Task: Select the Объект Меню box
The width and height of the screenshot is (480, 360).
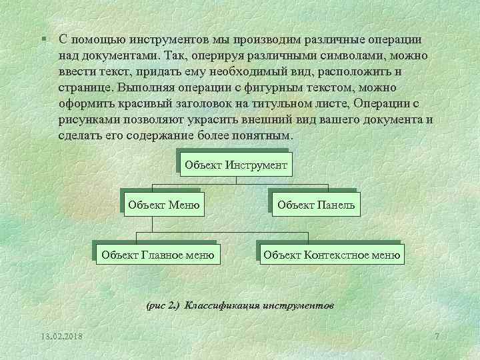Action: pos(164,205)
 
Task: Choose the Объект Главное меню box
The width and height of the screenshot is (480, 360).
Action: pos(157,254)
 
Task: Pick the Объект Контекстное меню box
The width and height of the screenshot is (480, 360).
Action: pos(332,254)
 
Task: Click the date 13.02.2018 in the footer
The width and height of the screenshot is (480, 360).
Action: pos(61,335)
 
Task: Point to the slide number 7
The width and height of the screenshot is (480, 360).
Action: pos(437,335)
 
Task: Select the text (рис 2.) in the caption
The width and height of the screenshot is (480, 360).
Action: pos(162,305)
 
